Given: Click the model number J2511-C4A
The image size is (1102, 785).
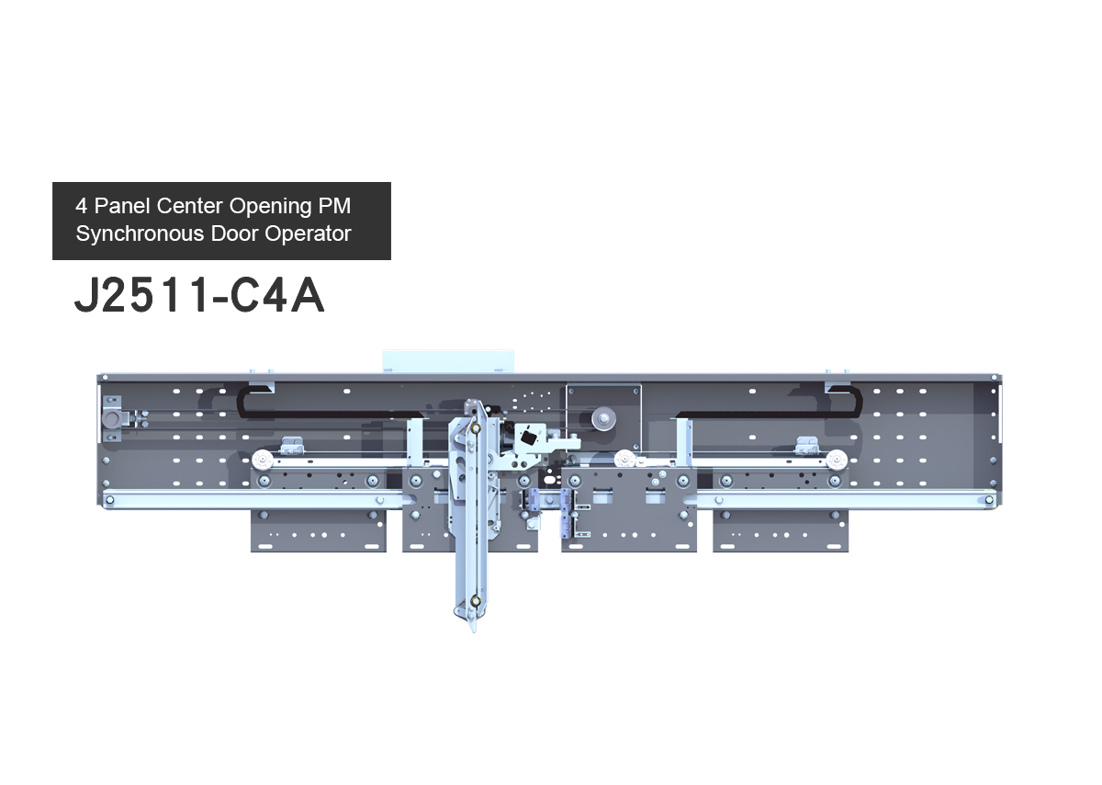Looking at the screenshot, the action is point(199,295).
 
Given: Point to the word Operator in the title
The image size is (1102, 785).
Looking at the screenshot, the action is point(308,234).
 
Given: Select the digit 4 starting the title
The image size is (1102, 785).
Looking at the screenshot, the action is point(81,206).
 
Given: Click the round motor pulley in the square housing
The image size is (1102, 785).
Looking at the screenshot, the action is point(603,419).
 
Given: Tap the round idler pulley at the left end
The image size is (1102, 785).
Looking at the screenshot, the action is point(112,419).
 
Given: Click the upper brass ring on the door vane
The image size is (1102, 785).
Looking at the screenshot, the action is point(476,429).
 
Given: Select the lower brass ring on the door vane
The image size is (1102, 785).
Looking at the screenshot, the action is point(476,601).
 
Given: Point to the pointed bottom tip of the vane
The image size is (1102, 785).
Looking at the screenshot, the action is point(475,632).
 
